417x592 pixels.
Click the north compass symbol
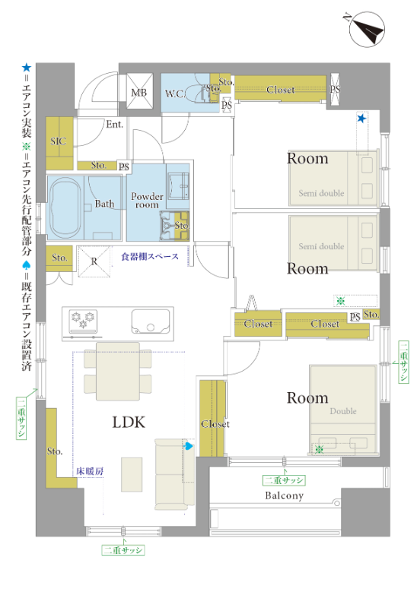point(366,29)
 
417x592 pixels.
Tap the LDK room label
point(129,422)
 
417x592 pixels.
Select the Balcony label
point(284,495)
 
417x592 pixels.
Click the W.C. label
point(175,93)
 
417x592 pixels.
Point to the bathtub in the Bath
point(65,208)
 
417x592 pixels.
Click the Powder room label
point(147,201)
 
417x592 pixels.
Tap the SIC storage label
point(59,141)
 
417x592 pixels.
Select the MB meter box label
point(138,92)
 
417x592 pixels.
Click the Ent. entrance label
point(115,124)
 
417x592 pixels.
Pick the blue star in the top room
point(361,119)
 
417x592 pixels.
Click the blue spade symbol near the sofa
point(188,446)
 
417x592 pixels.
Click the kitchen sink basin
point(151,321)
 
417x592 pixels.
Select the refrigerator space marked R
point(94,261)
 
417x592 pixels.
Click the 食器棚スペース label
point(150,257)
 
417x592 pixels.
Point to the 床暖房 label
point(90,471)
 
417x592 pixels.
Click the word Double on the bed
point(343,411)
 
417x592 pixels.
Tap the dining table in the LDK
point(118,371)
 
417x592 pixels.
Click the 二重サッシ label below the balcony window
point(284,480)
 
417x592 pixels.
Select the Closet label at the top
point(280,90)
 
